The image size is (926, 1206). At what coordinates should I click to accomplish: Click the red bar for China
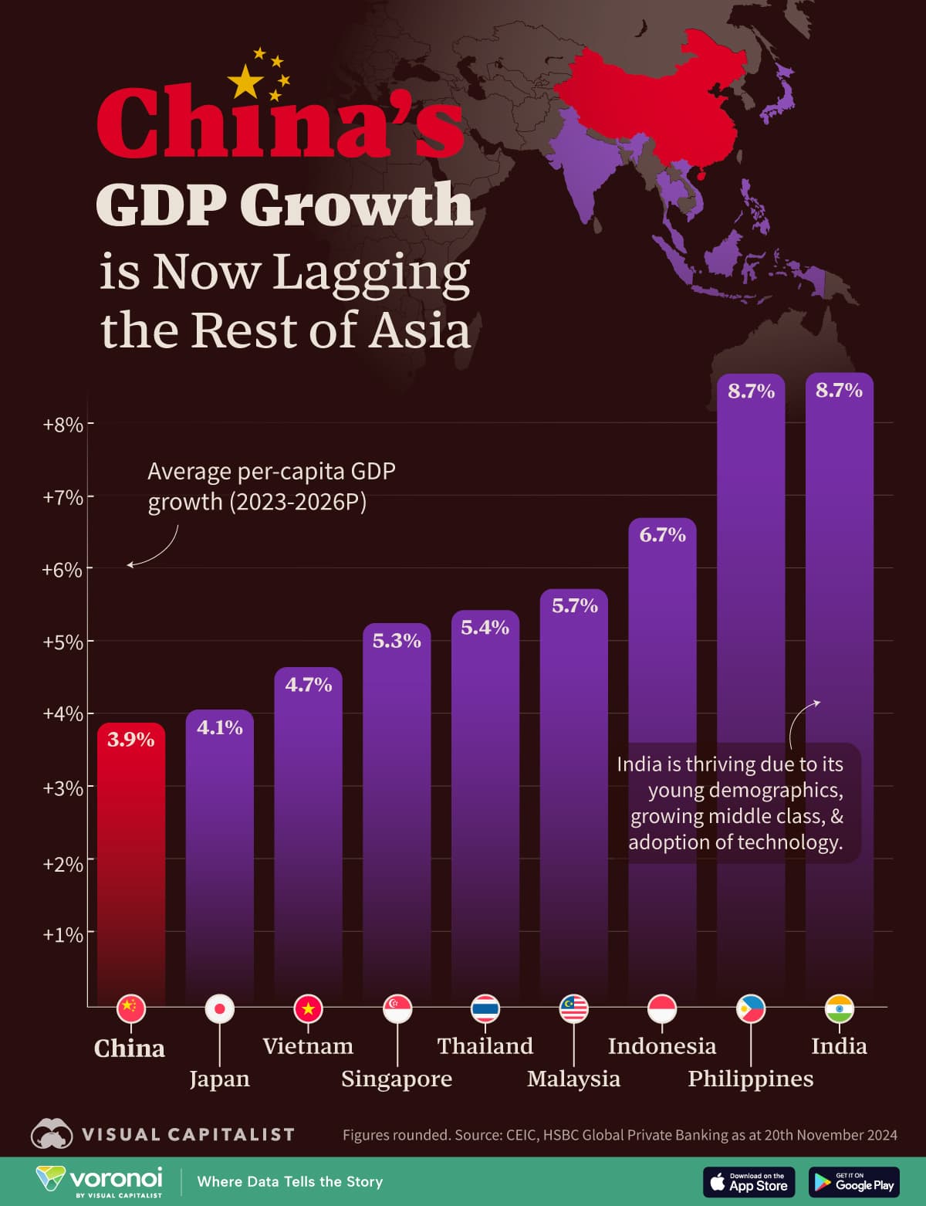tap(130, 865)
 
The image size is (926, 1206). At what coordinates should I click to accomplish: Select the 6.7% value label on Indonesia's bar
tap(662, 534)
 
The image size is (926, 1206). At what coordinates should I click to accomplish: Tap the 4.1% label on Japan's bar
tap(219, 727)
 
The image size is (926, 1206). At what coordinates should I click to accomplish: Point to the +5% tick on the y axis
tap(63, 642)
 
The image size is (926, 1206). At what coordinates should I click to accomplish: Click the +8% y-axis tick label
tap(63, 425)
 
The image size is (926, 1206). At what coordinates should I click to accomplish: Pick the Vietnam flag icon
tap(308, 1008)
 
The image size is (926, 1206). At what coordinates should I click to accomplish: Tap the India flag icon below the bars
tap(839, 1008)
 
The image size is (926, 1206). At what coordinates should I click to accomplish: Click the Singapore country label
tap(397, 1079)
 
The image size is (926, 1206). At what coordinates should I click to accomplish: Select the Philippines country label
tap(750, 1079)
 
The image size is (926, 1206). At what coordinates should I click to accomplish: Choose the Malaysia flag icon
tap(573, 1008)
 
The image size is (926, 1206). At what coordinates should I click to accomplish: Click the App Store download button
tap(749, 1182)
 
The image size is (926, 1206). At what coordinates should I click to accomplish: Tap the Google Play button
tap(854, 1182)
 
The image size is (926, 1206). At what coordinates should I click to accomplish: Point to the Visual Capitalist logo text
tap(188, 1134)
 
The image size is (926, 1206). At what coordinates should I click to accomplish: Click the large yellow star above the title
tap(245, 82)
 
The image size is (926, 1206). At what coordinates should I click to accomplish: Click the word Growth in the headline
tap(356, 205)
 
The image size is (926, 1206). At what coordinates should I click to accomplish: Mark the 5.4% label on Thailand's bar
tap(485, 628)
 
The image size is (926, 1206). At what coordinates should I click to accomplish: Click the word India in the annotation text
tap(639, 764)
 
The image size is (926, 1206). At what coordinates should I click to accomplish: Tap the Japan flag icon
tap(219, 1008)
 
